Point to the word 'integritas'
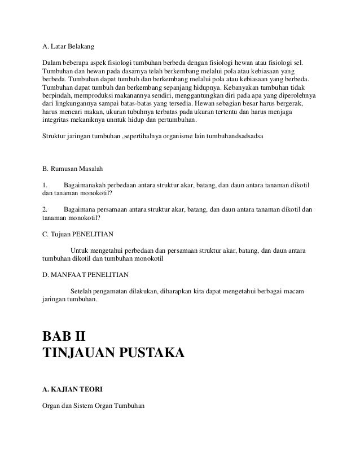pyautogui.click(x=57, y=120)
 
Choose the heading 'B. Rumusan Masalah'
pyautogui.click(x=73, y=169)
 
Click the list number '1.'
pyautogui.click(x=45, y=185)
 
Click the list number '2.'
pyautogui.click(x=45, y=209)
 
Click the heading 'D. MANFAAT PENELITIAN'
pyautogui.click(x=86, y=275)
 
